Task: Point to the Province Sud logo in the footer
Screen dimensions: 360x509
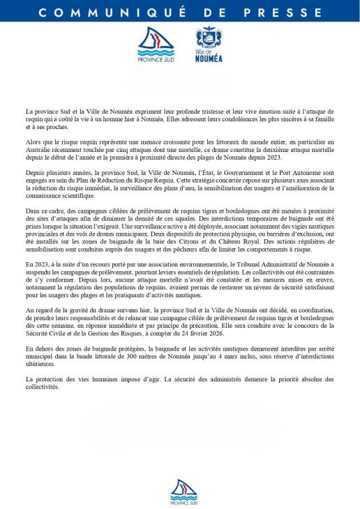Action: pyautogui.click(x=183, y=491)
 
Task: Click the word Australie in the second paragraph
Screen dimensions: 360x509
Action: pyautogui.click(x=40, y=146)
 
